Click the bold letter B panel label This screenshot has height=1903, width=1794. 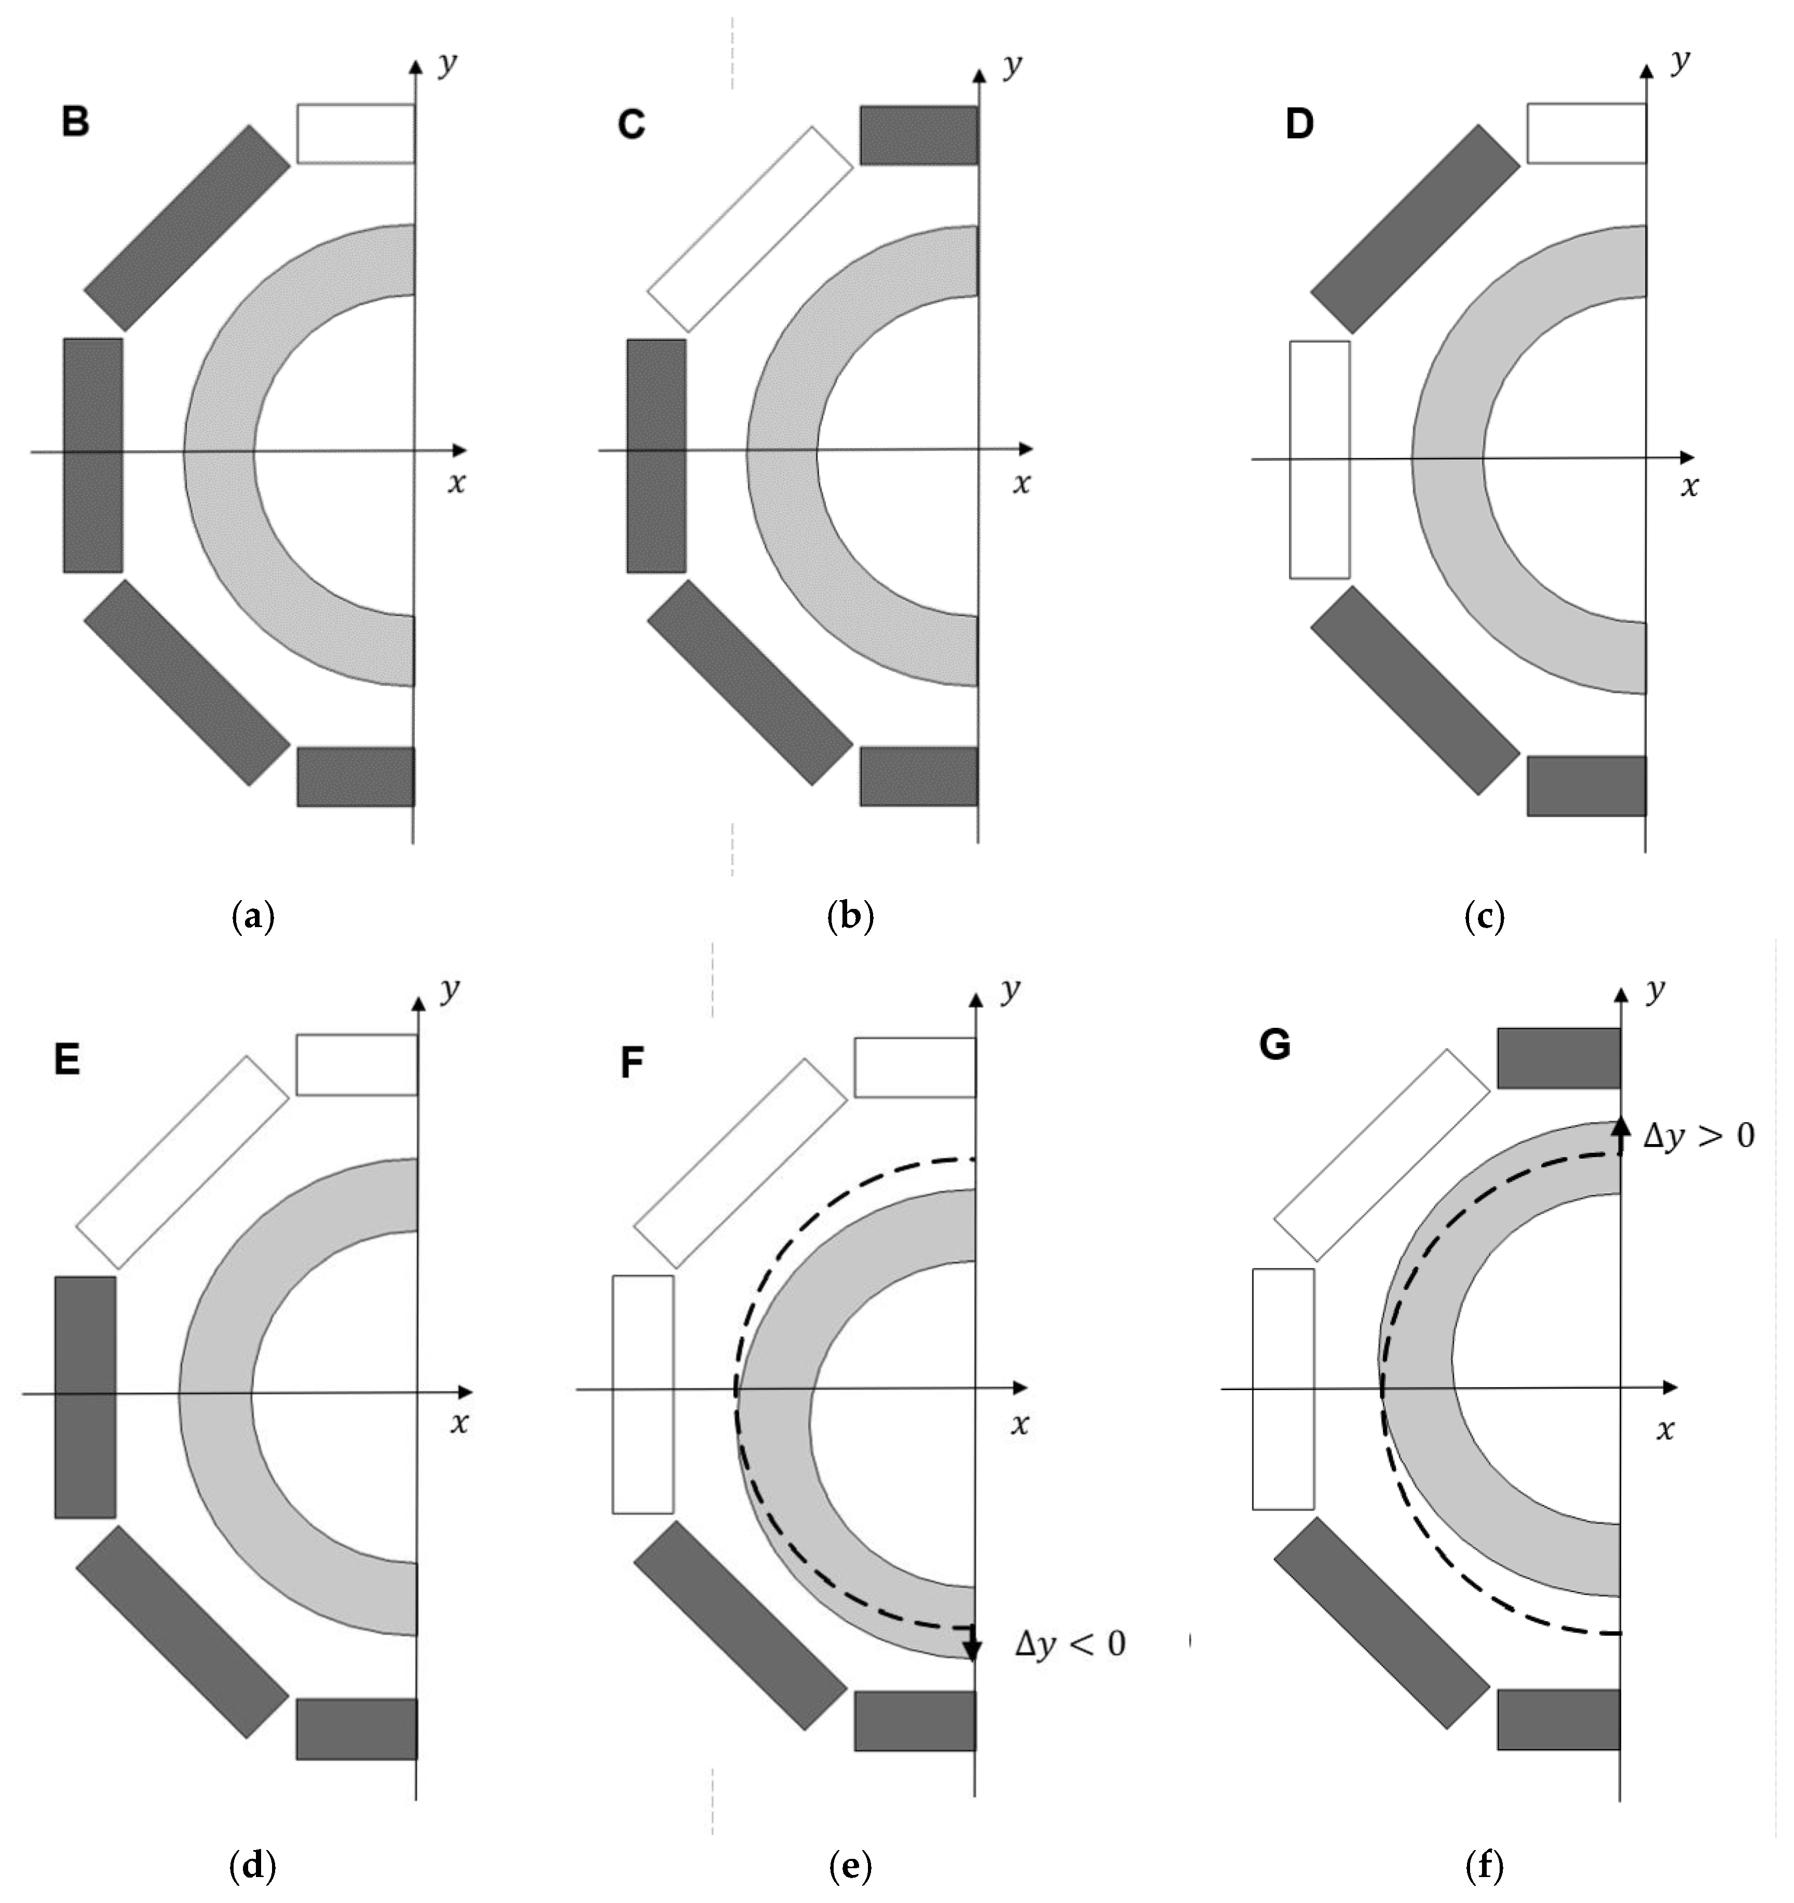[76, 123]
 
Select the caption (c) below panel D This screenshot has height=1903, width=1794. [1485, 917]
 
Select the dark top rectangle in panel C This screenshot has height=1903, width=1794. [919, 135]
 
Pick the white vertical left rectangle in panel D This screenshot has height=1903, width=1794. [1320, 459]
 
